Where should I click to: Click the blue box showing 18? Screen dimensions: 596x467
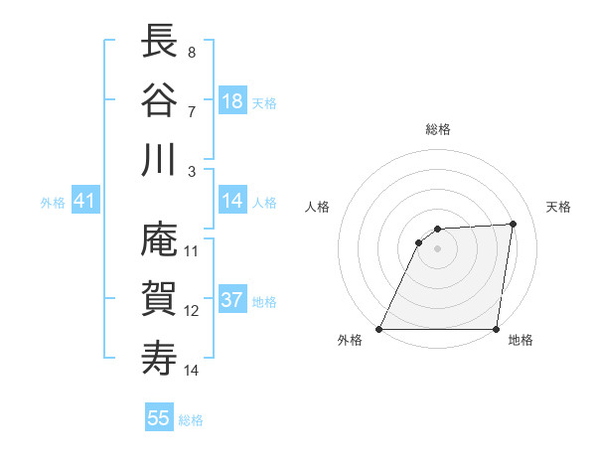tap(232, 101)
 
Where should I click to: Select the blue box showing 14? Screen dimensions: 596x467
tap(232, 201)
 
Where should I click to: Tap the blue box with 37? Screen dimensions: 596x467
tap(232, 301)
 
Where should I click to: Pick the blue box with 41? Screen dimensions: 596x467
tap(84, 202)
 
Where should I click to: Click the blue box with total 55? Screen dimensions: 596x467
tap(159, 418)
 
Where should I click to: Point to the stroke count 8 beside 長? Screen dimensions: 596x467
tap(192, 51)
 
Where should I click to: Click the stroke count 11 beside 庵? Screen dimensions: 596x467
tap(192, 250)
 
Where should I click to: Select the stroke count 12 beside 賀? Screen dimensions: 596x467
tap(192, 311)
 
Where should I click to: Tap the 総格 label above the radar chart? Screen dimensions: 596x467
tap(437, 129)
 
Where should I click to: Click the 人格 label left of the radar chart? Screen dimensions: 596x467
tap(318, 207)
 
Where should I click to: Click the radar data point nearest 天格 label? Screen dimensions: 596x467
tap(513, 224)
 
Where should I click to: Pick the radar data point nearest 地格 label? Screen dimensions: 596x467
tap(496, 329)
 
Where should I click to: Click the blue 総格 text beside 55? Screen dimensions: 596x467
tap(192, 420)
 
